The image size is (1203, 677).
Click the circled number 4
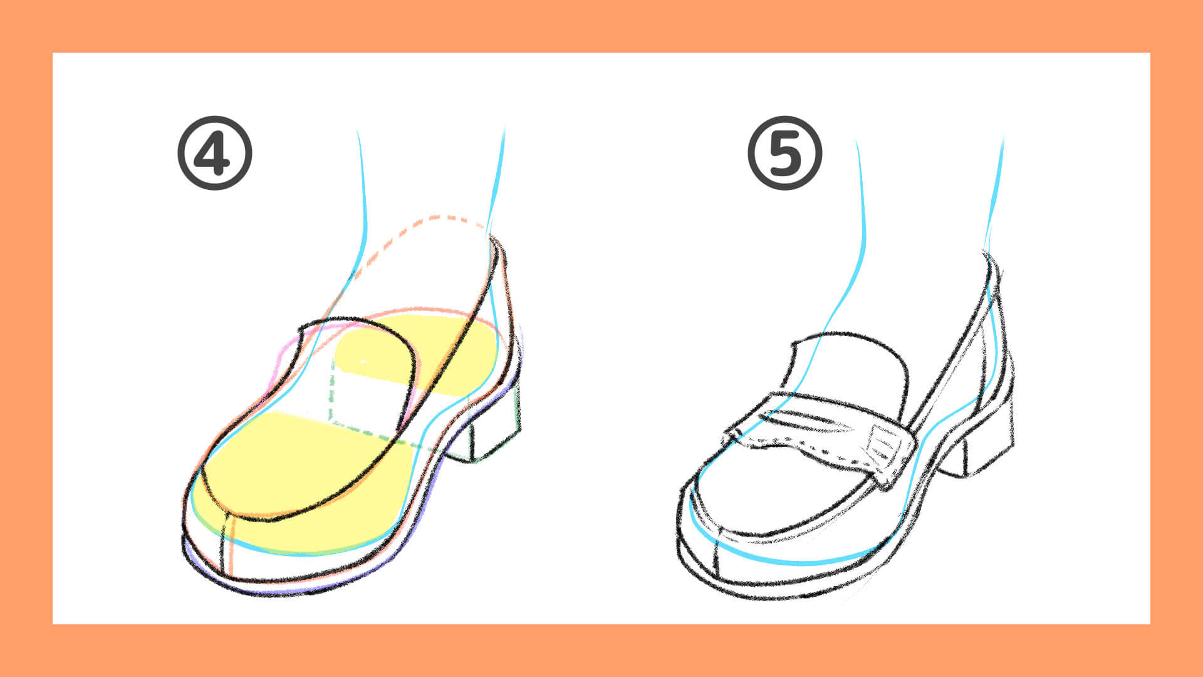point(214,153)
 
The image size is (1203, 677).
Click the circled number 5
point(784,153)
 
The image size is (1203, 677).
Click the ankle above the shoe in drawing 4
point(432,188)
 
